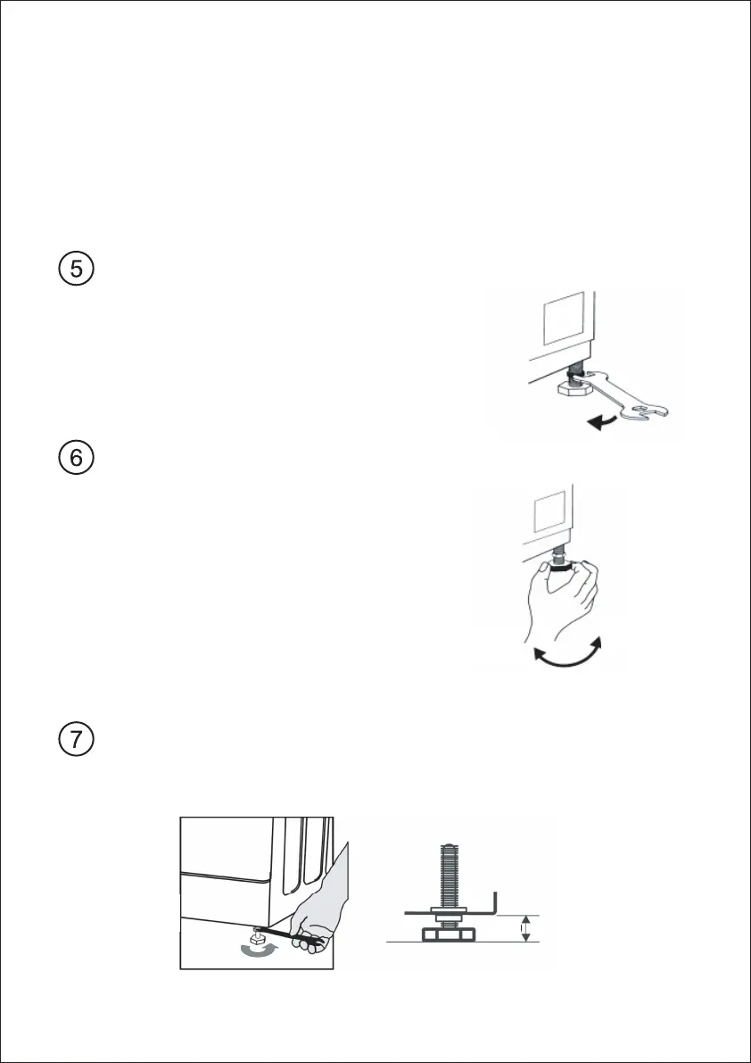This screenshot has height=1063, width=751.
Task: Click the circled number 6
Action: click(78, 458)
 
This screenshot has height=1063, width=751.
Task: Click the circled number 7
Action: click(78, 741)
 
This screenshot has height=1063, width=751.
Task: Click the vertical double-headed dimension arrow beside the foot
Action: click(525, 928)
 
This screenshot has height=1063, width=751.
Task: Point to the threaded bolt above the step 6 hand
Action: click(561, 554)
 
